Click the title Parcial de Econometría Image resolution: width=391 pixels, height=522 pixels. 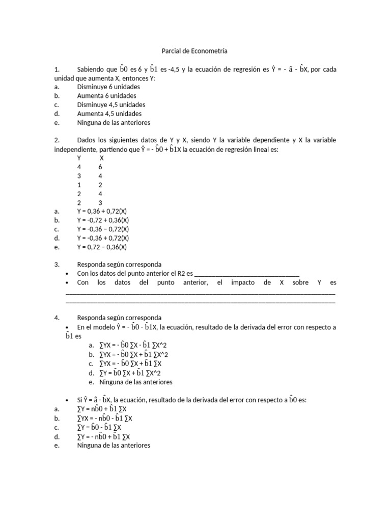coord(194,51)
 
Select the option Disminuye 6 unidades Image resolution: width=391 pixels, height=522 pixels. coord(108,87)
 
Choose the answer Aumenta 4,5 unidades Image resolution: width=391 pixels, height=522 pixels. coord(109,114)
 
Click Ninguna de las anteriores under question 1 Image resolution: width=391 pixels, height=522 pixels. coord(114,122)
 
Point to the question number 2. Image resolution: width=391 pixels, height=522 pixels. coord(57,140)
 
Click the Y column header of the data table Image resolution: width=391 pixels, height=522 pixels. coord(79,158)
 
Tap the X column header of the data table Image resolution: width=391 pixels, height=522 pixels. coord(101,158)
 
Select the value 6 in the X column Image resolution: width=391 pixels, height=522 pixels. coord(100,167)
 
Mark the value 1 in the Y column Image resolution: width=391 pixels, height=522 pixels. coord(79,185)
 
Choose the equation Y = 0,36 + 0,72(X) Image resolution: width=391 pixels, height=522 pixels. coord(103,211)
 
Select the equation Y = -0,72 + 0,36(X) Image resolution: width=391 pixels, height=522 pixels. coord(104,220)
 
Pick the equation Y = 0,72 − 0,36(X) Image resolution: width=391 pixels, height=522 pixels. coord(102,247)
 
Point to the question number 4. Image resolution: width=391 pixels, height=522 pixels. coord(57,318)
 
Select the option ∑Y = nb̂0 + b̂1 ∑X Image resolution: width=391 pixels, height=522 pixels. coord(102,409)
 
